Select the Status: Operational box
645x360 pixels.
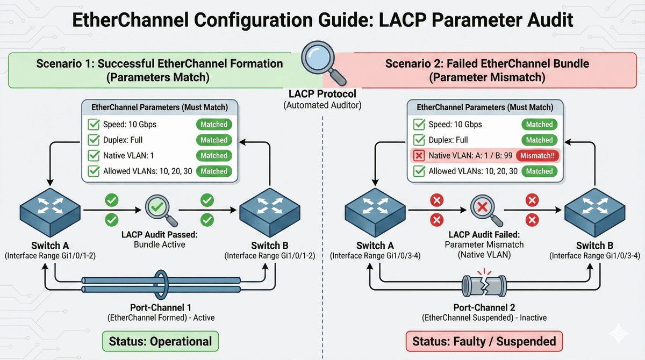pyautogui.click(x=160, y=341)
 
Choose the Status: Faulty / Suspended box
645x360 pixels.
pyautogui.click(x=484, y=341)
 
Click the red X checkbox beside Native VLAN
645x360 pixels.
pyautogui.click(x=418, y=156)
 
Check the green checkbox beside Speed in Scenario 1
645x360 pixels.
pyautogui.click(x=94, y=125)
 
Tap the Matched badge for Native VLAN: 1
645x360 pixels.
pyautogui.click(x=214, y=156)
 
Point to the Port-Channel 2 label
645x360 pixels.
pyautogui.click(x=484, y=308)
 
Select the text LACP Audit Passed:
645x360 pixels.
pyautogui.click(x=160, y=234)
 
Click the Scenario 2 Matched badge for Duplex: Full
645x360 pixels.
pyautogui.click(x=539, y=140)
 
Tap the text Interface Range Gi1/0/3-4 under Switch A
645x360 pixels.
pyautogui.click(x=375, y=256)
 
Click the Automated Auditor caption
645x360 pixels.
pyautogui.click(x=322, y=105)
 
